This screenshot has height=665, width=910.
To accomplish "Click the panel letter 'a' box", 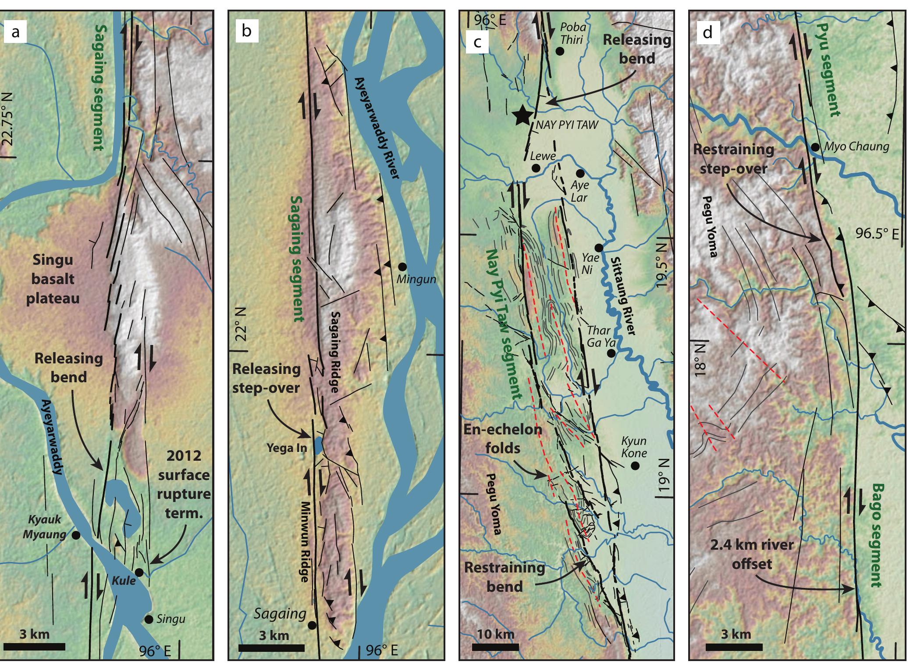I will coord(16,32).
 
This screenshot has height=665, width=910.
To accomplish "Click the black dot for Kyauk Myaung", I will coord(76,535).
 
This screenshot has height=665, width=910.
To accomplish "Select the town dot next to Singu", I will coord(149,619).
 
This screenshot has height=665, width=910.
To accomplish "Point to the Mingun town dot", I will coord(402,266).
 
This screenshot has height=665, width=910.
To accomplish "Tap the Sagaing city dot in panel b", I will coord(312,625).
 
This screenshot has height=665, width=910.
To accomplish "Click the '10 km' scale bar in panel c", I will coord(495,647).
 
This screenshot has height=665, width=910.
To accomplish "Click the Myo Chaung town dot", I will coord(815,147).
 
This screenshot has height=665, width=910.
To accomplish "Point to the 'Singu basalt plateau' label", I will coord(53,279).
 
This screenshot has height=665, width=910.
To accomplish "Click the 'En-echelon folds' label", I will coord(503,438).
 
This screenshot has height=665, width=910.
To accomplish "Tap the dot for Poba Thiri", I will coord(559,51).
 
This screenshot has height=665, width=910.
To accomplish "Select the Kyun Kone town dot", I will coord(634,466).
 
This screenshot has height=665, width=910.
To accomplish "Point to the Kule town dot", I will coord(139,573).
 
